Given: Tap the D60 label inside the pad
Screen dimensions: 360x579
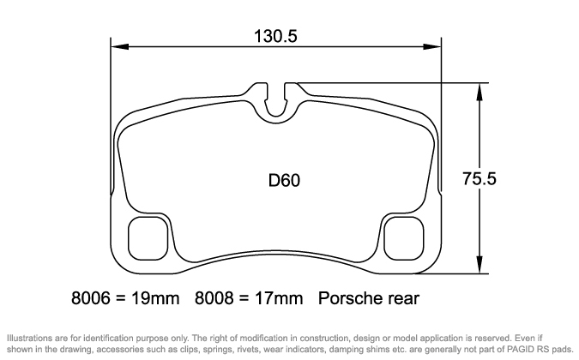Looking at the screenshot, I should (283, 181).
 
